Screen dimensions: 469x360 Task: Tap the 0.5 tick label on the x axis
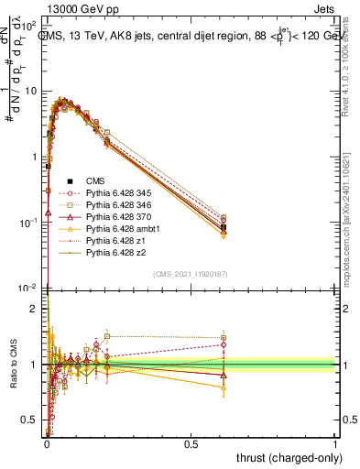coord(191,443)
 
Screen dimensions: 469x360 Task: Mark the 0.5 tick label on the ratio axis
coord(29,420)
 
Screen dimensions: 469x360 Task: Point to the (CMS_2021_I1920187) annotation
coord(191,273)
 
